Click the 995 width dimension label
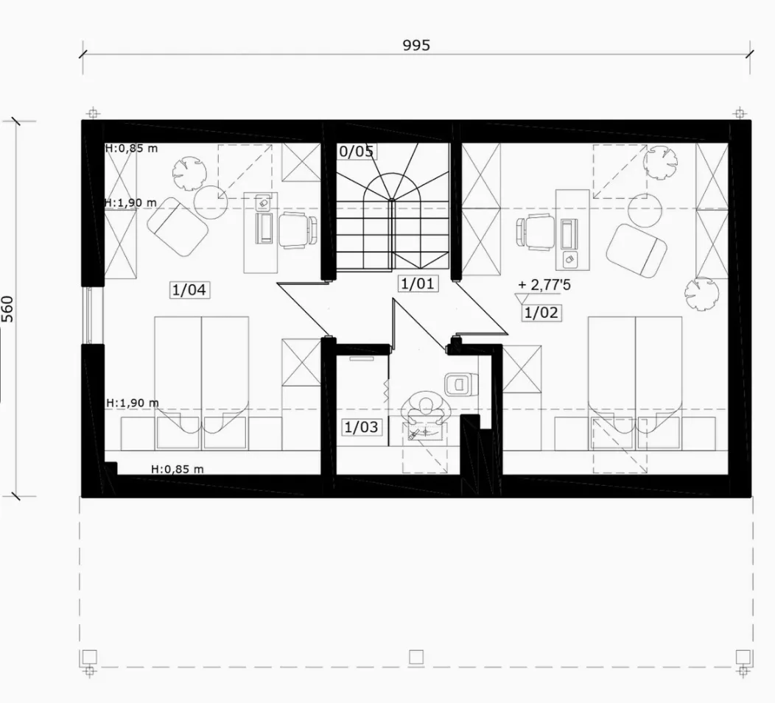(416, 46)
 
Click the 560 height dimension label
(7, 308)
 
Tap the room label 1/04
(189, 289)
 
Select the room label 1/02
(541, 312)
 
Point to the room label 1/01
(418, 283)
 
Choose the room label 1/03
(361, 427)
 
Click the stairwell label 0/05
(357, 151)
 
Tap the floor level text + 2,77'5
(544, 285)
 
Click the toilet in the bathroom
(461, 384)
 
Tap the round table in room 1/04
(211, 202)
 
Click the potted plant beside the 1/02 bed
(701, 294)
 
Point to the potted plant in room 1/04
(189, 174)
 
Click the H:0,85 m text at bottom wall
(177, 469)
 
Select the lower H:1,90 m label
(133, 403)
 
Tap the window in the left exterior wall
(89, 315)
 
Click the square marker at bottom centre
(416, 657)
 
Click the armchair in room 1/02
(637, 250)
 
